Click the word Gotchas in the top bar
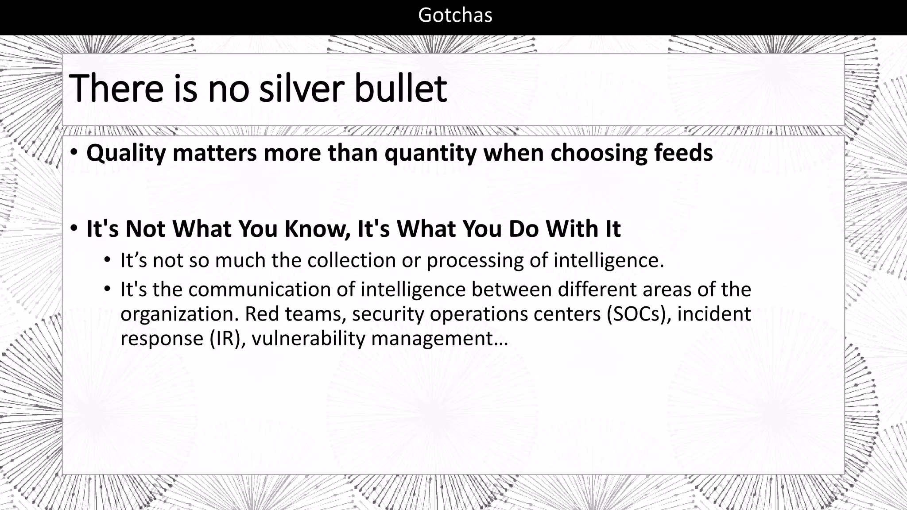pyautogui.click(x=455, y=15)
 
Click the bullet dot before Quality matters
pyautogui.click(x=74, y=152)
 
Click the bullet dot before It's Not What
pyautogui.click(x=74, y=228)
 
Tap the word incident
pyautogui.click(x=714, y=314)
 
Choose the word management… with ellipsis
pyautogui.click(x=439, y=339)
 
